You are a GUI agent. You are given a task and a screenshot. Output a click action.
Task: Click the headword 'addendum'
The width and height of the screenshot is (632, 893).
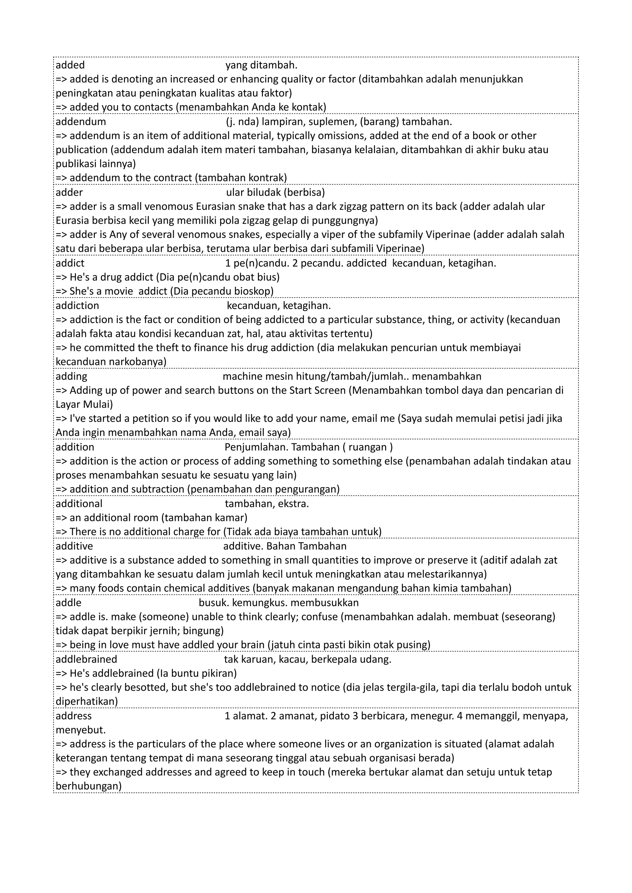[81, 122]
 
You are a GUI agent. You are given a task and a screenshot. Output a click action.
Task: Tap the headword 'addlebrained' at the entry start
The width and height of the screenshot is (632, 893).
[86, 659]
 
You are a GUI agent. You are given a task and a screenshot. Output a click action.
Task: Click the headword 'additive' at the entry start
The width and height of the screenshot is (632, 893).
[74, 546]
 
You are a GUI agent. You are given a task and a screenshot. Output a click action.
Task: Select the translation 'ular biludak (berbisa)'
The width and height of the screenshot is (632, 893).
[275, 193]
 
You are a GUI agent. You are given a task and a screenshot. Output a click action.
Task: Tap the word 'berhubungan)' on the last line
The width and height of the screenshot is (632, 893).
[88, 786]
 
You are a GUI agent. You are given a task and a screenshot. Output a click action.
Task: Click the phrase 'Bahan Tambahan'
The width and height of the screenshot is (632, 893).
[306, 546]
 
